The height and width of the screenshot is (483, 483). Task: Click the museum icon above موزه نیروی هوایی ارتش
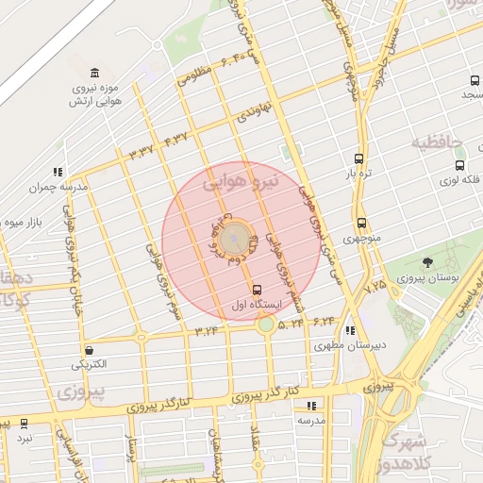coord(93,74)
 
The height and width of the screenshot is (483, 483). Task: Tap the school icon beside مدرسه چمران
coord(58,172)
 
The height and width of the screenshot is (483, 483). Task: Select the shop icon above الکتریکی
coord(89,349)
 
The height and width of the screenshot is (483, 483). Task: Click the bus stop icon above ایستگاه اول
coord(258,289)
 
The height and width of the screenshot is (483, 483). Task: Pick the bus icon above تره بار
coord(358,158)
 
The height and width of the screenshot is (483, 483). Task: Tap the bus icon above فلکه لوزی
coord(459,165)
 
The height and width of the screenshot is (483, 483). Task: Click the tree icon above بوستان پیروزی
coord(428,262)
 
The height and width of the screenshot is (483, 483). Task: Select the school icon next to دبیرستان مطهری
coord(350,330)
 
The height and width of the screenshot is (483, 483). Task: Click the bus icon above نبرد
coord(24,424)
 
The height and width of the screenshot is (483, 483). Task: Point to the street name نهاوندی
coord(254,113)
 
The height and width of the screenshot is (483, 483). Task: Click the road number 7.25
coord(375,283)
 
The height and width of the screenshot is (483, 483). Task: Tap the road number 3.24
coord(207,331)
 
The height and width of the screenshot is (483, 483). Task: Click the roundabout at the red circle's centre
coord(237,236)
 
